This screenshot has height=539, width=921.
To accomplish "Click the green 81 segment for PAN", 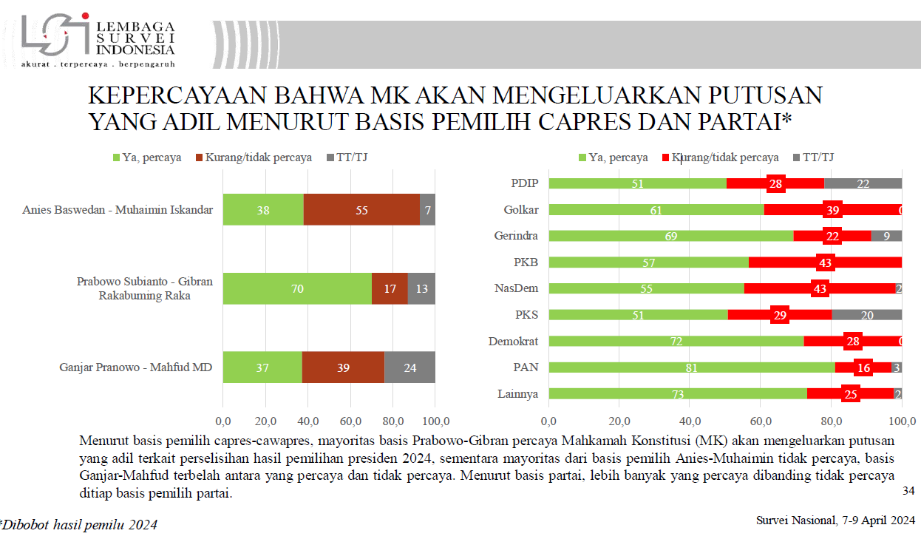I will click(x=692, y=367).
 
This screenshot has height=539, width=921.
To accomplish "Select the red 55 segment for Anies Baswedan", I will click(x=361, y=209).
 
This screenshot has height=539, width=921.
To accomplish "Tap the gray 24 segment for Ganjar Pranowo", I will click(x=409, y=367).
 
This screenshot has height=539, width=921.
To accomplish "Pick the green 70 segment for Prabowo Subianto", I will click(x=297, y=288).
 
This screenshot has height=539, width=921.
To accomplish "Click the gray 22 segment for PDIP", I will click(x=863, y=183).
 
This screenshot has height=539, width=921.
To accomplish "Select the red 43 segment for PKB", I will click(x=825, y=262).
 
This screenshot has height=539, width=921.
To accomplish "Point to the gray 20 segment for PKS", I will click(x=866, y=315).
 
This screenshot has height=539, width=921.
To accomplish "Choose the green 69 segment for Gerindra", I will click(x=670, y=236).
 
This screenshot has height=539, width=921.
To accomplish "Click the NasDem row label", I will click(x=517, y=288).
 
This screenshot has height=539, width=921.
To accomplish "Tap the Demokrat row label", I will click(x=513, y=341).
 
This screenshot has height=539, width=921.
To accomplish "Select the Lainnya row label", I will click(x=517, y=393).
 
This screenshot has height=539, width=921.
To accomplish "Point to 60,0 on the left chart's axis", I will click(x=350, y=421).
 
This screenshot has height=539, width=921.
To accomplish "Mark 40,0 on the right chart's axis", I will click(x=690, y=421).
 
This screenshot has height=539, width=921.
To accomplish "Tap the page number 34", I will click(x=908, y=491).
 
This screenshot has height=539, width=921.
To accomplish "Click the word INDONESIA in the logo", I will click(x=135, y=50).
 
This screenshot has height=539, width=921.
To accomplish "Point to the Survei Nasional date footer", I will click(x=836, y=520).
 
